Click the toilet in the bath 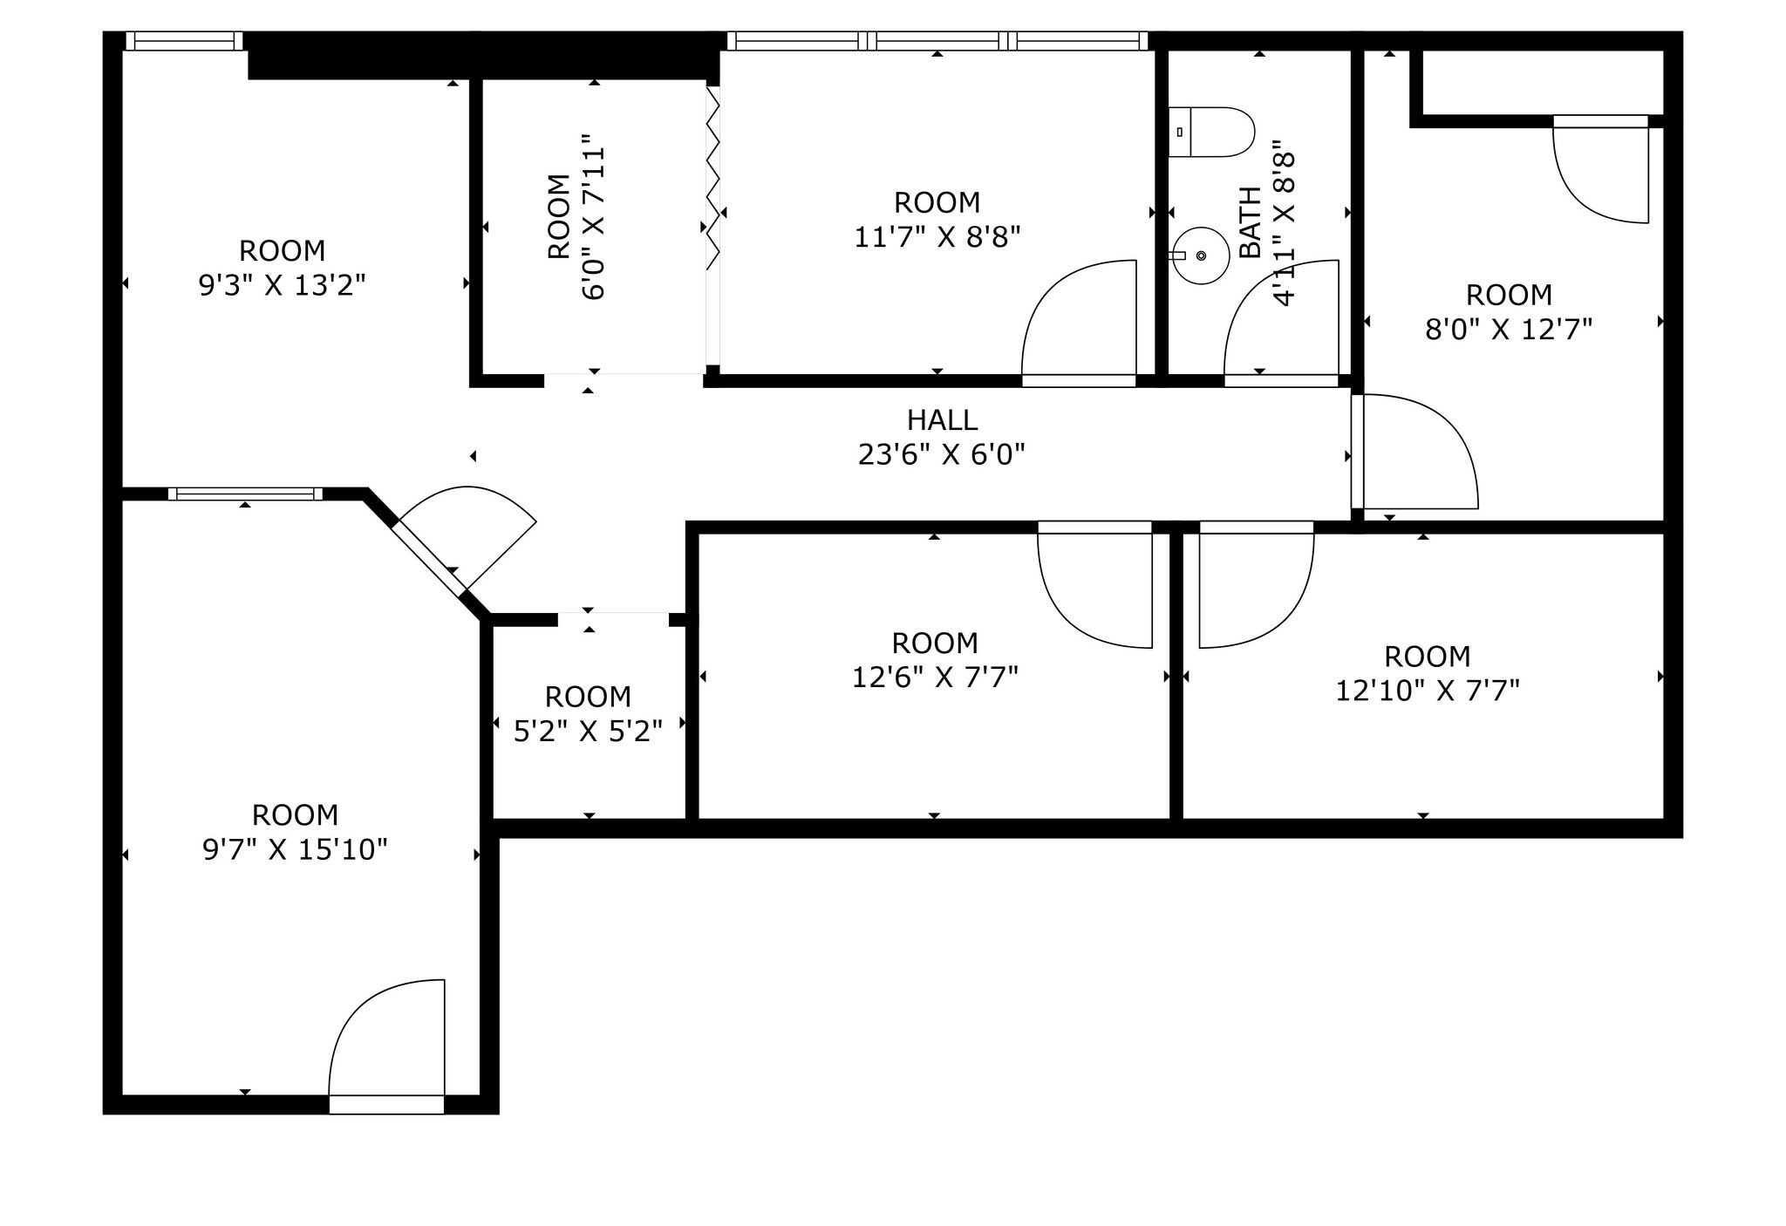(x=1212, y=133)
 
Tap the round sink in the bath (x=1200, y=255)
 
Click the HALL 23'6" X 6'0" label (x=942, y=437)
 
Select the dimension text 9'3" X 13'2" (x=282, y=285)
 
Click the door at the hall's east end (x=1413, y=453)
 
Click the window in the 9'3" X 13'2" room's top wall (x=184, y=41)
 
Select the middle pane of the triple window (x=937, y=41)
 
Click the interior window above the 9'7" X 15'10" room (x=245, y=494)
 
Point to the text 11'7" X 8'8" (x=937, y=237)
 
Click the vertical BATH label (x=1250, y=222)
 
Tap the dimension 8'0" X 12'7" (x=1509, y=330)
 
